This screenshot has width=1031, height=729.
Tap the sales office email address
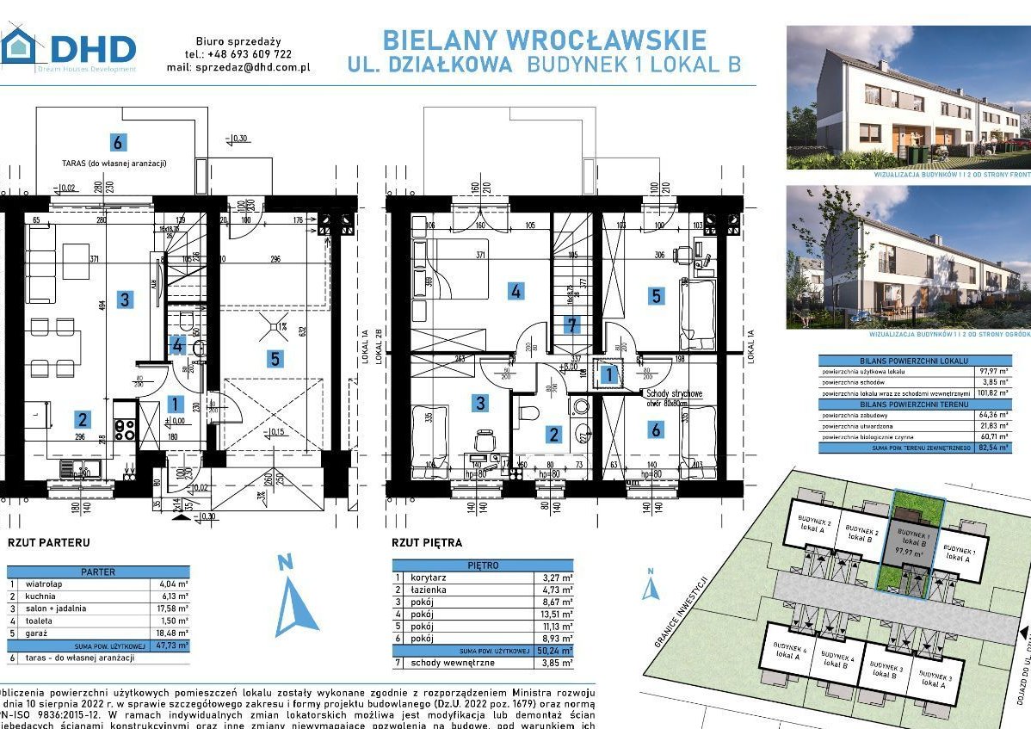pos(252,66)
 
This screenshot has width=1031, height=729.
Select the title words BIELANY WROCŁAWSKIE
pos(544,40)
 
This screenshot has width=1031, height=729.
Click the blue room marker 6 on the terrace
pos(118,142)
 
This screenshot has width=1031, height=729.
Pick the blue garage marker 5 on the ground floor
pos(275,358)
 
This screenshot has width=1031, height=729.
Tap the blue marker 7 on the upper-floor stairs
pos(571,324)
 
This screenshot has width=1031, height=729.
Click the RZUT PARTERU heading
pos(48,543)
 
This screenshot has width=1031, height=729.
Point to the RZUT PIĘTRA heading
pos(427,542)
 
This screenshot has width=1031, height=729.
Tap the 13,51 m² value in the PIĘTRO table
pos(558,615)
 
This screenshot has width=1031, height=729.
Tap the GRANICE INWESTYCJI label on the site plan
pos(680,612)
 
